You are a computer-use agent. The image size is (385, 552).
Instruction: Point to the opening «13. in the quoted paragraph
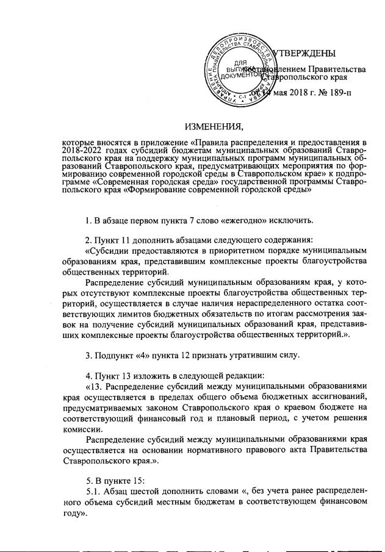click(x=95, y=385)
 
